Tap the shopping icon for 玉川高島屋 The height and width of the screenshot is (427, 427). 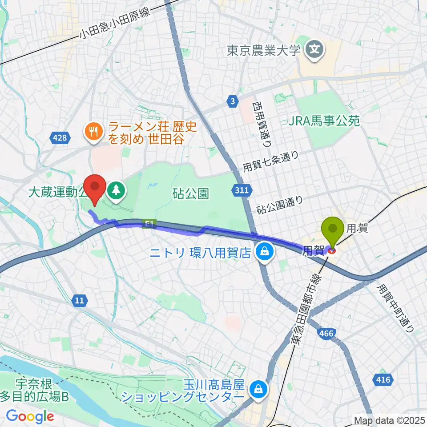click(257, 390)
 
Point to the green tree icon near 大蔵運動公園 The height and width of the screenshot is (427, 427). click(117, 192)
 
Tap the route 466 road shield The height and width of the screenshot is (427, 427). click(328, 333)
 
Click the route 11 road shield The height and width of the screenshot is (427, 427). click(79, 301)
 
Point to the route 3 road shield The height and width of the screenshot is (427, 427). click(233, 101)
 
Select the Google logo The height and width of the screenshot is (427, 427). click(30, 416)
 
